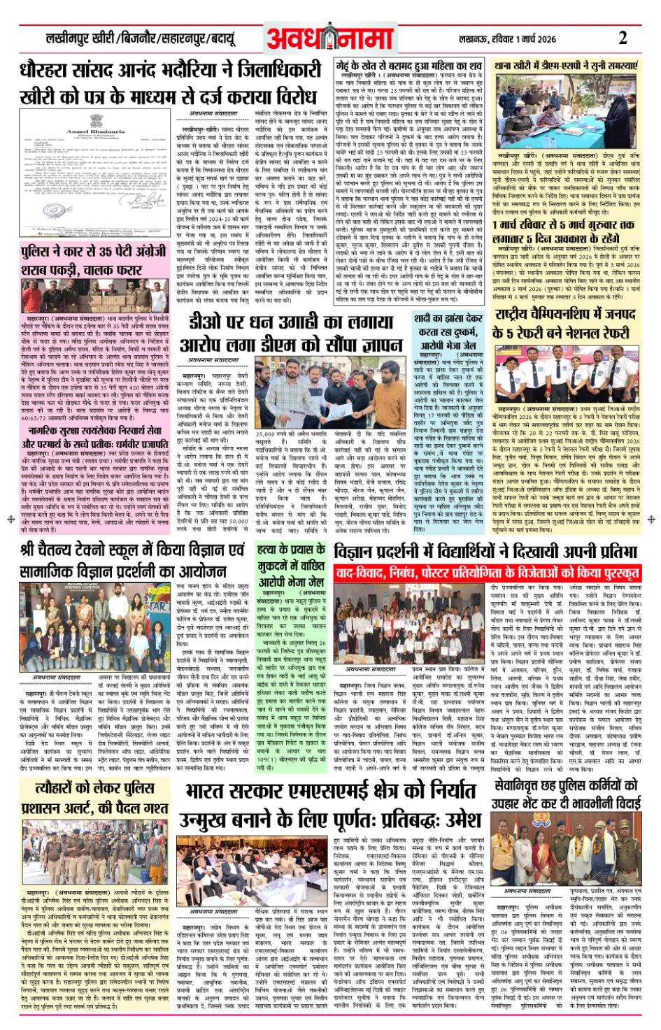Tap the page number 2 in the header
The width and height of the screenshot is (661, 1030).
[x=623, y=38]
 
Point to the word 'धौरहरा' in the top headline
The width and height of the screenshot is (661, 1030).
[x=53, y=71]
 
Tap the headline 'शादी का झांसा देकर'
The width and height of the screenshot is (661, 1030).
[x=448, y=318]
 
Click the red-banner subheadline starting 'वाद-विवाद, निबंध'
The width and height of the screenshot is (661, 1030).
[x=486, y=573]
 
